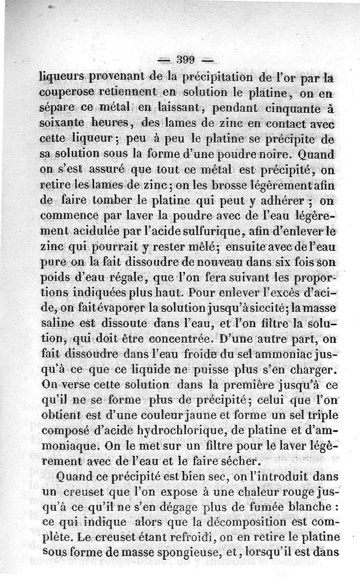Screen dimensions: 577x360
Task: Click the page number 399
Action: click(x=184, y=59)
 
